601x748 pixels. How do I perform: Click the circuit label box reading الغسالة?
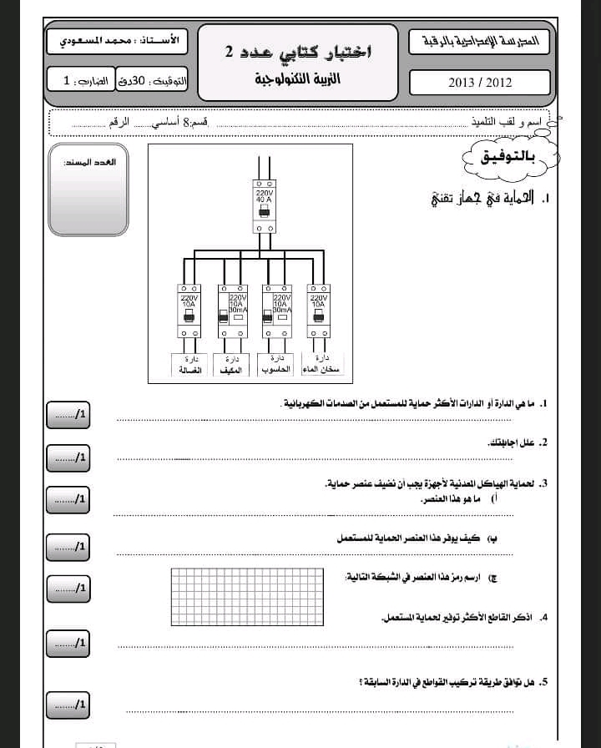[x=189, y=364]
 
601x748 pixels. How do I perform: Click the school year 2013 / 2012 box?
[x=479, y=83]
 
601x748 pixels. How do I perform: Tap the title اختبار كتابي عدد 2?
[x=298, y=52]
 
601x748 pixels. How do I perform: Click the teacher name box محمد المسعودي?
[x=116, y=41]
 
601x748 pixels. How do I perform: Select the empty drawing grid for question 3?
[x=246, y=596]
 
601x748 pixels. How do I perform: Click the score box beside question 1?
[x=68, y=415]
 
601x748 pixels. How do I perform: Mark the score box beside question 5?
[x=68, y=705]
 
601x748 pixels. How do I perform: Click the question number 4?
[x=543, y=618]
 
